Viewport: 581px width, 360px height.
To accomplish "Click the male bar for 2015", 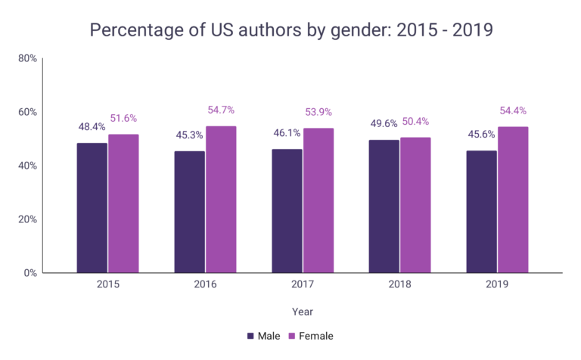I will [x=92, y=207].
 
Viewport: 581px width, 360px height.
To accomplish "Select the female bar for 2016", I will [x=221, y=199].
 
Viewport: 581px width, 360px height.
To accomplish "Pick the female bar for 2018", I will [x=415, y=204].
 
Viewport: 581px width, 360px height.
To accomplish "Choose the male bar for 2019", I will [x=481, y=211].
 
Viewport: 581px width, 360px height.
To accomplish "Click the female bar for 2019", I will [x=513, y=199].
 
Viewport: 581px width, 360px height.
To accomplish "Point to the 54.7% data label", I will [x=221, y=110].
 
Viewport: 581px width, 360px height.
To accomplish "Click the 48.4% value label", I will [x=92, y=126].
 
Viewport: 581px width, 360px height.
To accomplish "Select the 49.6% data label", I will [x=384, y=123].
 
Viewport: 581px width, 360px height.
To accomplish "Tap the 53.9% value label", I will [x=318, y=113].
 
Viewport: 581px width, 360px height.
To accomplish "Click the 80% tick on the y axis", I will [x=27, y=58].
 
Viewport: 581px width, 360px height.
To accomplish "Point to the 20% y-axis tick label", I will [x=27, y=219].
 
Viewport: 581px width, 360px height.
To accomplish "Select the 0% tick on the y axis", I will [x=30, y=273].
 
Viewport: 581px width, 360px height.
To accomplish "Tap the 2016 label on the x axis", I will [x=205, y=285].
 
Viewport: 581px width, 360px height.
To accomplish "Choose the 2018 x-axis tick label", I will [x=399, y=285].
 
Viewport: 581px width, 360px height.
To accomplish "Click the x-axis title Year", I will [x=302, y=311].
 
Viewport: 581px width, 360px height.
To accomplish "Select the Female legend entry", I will [x=310, y=335].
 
